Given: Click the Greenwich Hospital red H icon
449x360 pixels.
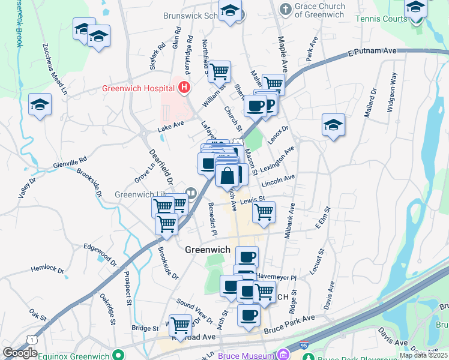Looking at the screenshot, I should point(185,88).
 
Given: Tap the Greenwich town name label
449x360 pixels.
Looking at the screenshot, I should point(207,250).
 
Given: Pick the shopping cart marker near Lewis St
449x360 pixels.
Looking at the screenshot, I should point(264,212).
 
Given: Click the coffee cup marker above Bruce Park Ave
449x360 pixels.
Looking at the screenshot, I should point(249,315).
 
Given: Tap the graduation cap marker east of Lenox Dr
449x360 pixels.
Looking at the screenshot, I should point(333,125).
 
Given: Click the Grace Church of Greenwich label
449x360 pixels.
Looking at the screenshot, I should point(320,10).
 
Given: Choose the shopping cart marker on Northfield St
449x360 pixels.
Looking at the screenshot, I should point(220,71).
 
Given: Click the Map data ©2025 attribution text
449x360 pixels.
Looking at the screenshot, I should point(423,355).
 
